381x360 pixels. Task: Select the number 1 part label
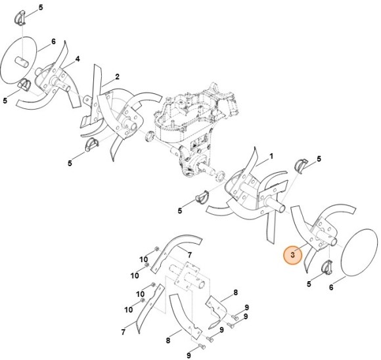272,158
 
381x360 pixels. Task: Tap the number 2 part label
117,77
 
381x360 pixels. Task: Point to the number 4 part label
77,59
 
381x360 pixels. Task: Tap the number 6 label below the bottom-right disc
331,287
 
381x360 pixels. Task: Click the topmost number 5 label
40,7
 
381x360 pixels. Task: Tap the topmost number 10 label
142,260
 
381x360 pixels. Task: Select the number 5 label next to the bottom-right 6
309,284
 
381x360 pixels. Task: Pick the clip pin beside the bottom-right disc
326,268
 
